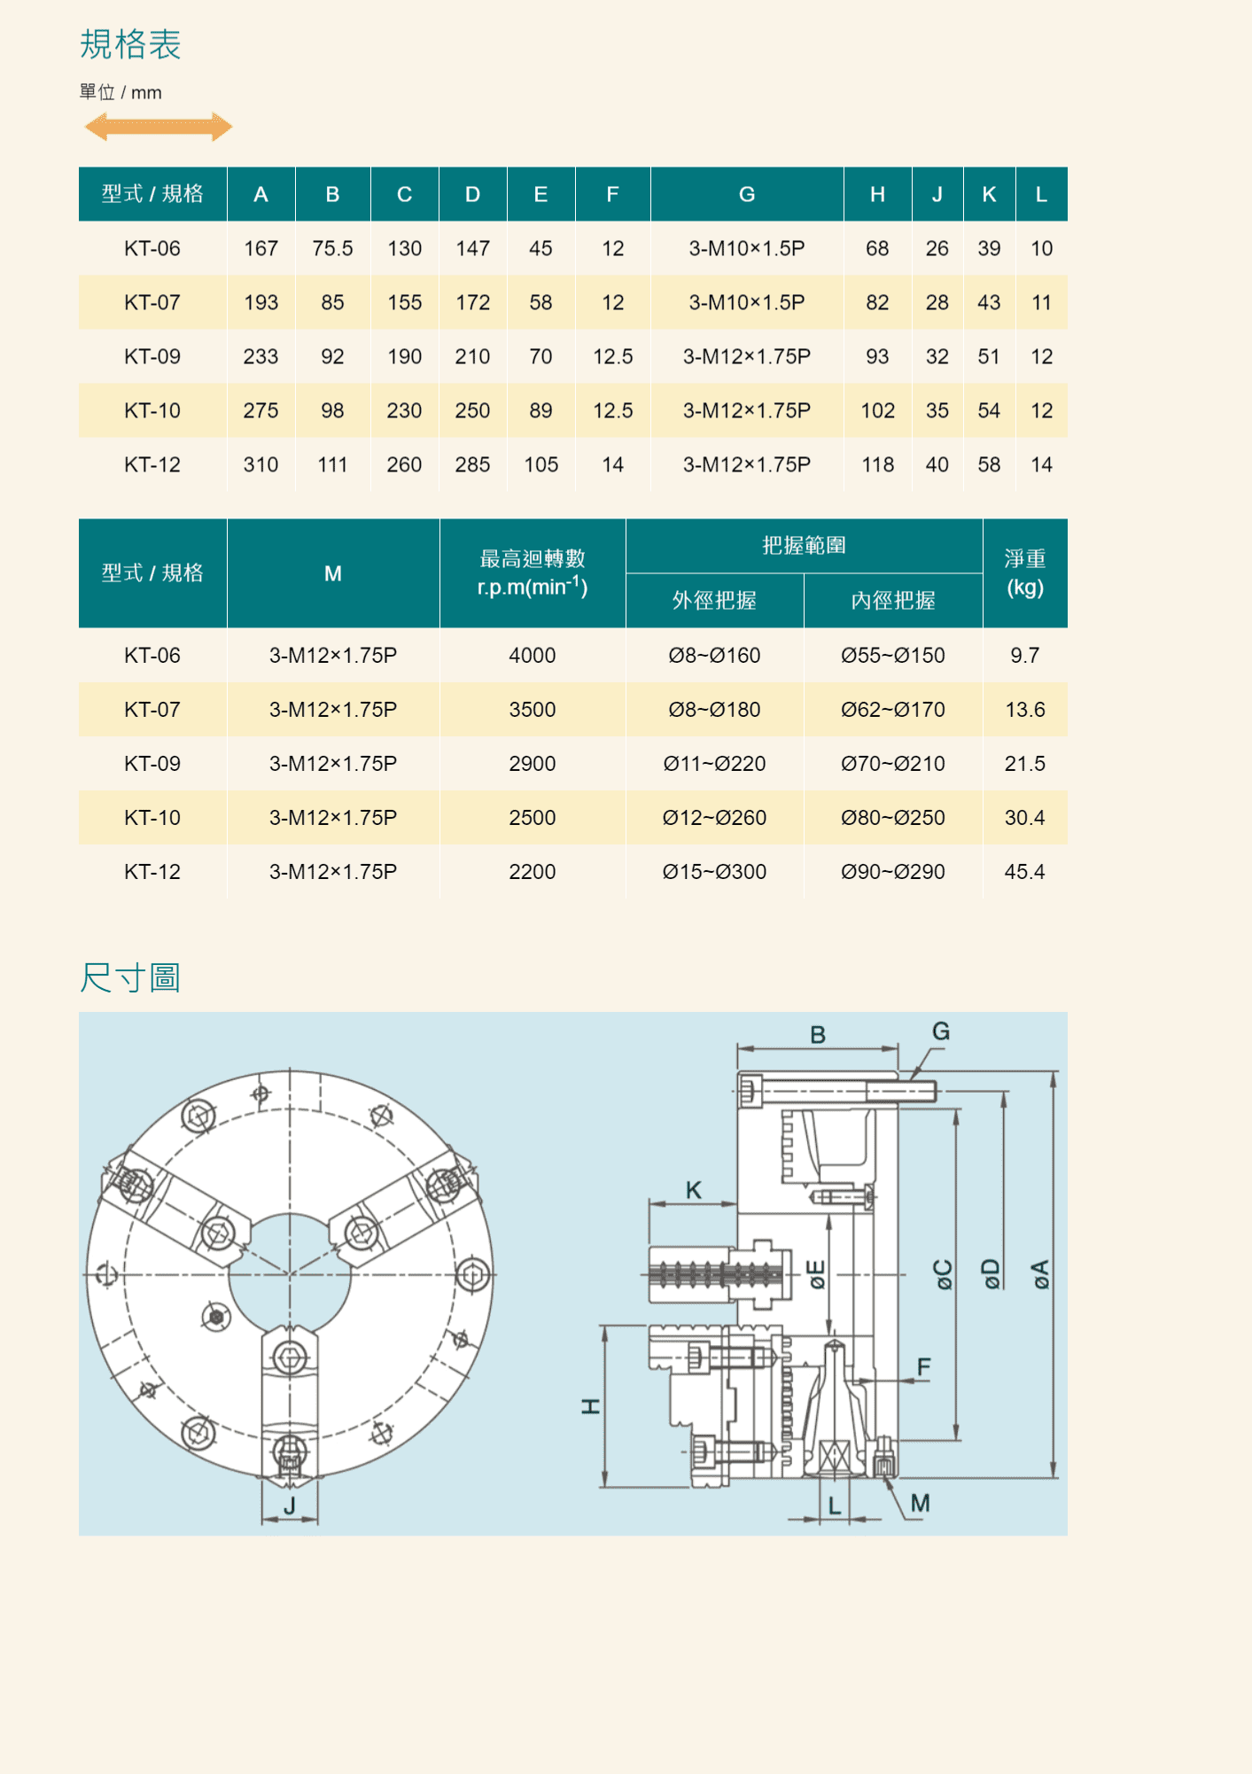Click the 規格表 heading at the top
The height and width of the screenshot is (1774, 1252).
(x=130, y=44)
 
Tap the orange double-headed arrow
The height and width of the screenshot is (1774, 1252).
(x=159, y=127)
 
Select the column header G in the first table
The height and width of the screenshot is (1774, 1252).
(x=747, y=194)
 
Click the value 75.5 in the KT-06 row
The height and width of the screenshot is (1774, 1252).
(x=332, y=249)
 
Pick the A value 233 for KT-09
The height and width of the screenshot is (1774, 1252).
(x=261, y=357)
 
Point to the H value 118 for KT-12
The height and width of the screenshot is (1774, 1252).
(x=877, y=465)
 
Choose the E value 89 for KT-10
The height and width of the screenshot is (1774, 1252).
(x=540, y=411)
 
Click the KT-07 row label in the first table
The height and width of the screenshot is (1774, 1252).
(x=152, y=303)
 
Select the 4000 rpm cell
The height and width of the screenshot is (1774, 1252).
(x=533, y=656)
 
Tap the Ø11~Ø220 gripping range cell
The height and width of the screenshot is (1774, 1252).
(x=714, y=764)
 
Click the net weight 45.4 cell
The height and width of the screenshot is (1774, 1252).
(x=1024, y=872)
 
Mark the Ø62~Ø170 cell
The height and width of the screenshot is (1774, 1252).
(x=893, y=710)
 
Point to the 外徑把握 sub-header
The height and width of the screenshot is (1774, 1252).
(x=714, y=601)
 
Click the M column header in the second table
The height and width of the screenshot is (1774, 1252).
(x=333, y=573)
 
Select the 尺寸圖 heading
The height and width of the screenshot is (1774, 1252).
(x=130, y=978)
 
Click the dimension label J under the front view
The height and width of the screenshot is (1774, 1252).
(x=289, y=1506)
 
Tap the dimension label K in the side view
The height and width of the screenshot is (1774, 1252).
(x=694, y=1190)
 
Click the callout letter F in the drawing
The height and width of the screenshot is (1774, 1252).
(x=924, y=1367)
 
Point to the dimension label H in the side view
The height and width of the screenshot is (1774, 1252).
(x=590, y=1406)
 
